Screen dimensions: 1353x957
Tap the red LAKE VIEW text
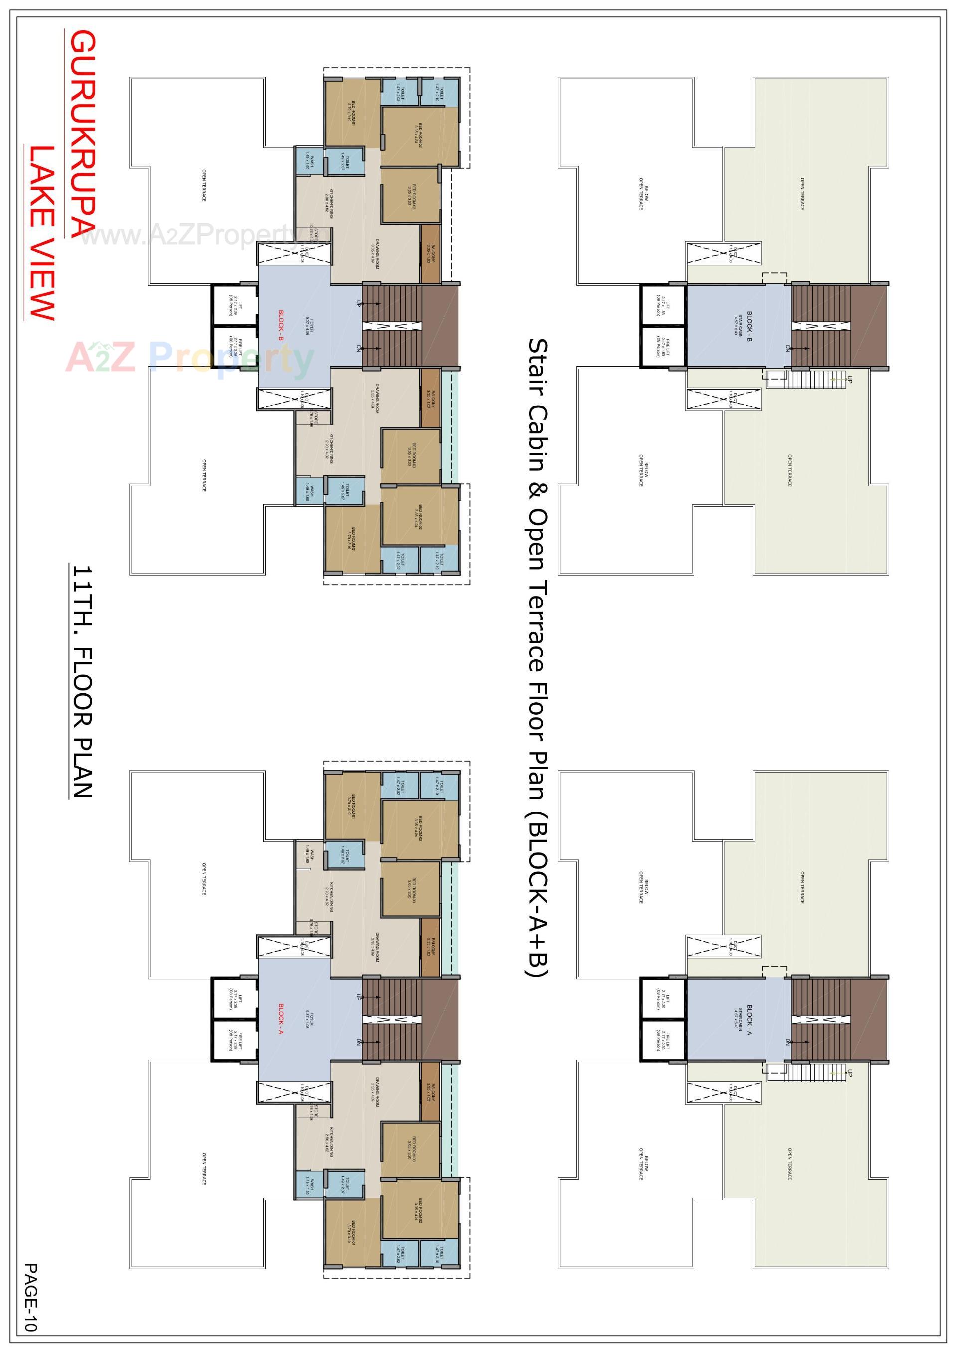[41, 233]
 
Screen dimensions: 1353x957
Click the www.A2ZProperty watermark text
[194, 236]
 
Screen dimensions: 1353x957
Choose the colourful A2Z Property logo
[189, 357]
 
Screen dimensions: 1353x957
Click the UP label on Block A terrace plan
[849, 1073]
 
